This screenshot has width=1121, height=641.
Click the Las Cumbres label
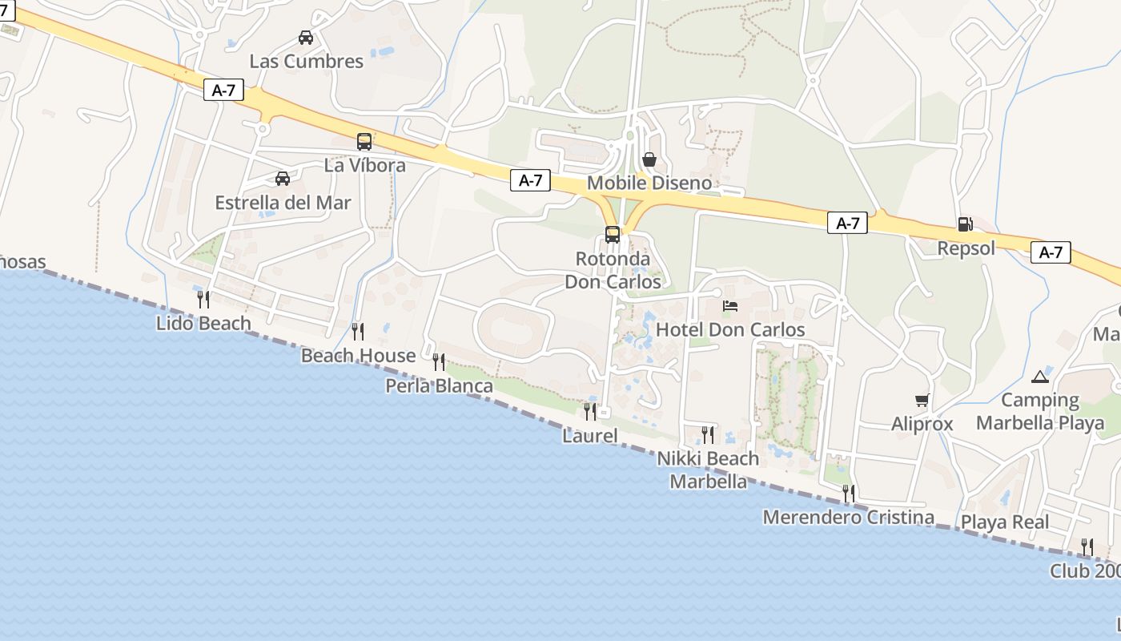click(x=306, y=61)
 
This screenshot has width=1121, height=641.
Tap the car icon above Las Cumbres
click(x=306, y=37)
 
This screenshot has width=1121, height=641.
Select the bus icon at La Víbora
click(x=364, y=142)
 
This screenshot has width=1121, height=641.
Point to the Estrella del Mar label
click(x=283, y=203)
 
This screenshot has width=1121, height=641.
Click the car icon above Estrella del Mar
click(x=283, y=178)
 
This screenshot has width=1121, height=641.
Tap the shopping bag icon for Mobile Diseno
click(x=649, y=159)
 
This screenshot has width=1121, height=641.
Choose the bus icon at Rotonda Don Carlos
click(x=613, y=235)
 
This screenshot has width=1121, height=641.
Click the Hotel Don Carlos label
click(x=730, y=329)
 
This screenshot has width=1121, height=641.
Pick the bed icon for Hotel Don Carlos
click(x=730, y=306)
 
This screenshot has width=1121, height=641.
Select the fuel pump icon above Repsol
click(x=966, y=224)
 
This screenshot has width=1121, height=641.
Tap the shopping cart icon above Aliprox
click(x=922, y=400)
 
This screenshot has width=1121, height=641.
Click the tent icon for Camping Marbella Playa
click(x=1040, y=377)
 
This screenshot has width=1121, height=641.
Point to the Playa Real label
click(x=1005, y=522)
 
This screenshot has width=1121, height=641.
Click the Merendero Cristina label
click(x=848, y=517)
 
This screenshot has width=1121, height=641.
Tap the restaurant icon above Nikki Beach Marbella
click(x=708, y=434)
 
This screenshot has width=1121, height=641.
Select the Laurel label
click(x=590, y=436)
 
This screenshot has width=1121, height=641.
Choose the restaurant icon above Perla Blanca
click(x=439, y=362)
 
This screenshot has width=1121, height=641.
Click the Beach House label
click(x=358, y=355)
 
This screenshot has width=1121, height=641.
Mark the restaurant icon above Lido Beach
click(x=203, y=300)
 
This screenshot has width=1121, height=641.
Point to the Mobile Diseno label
click(x=649, y=183)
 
